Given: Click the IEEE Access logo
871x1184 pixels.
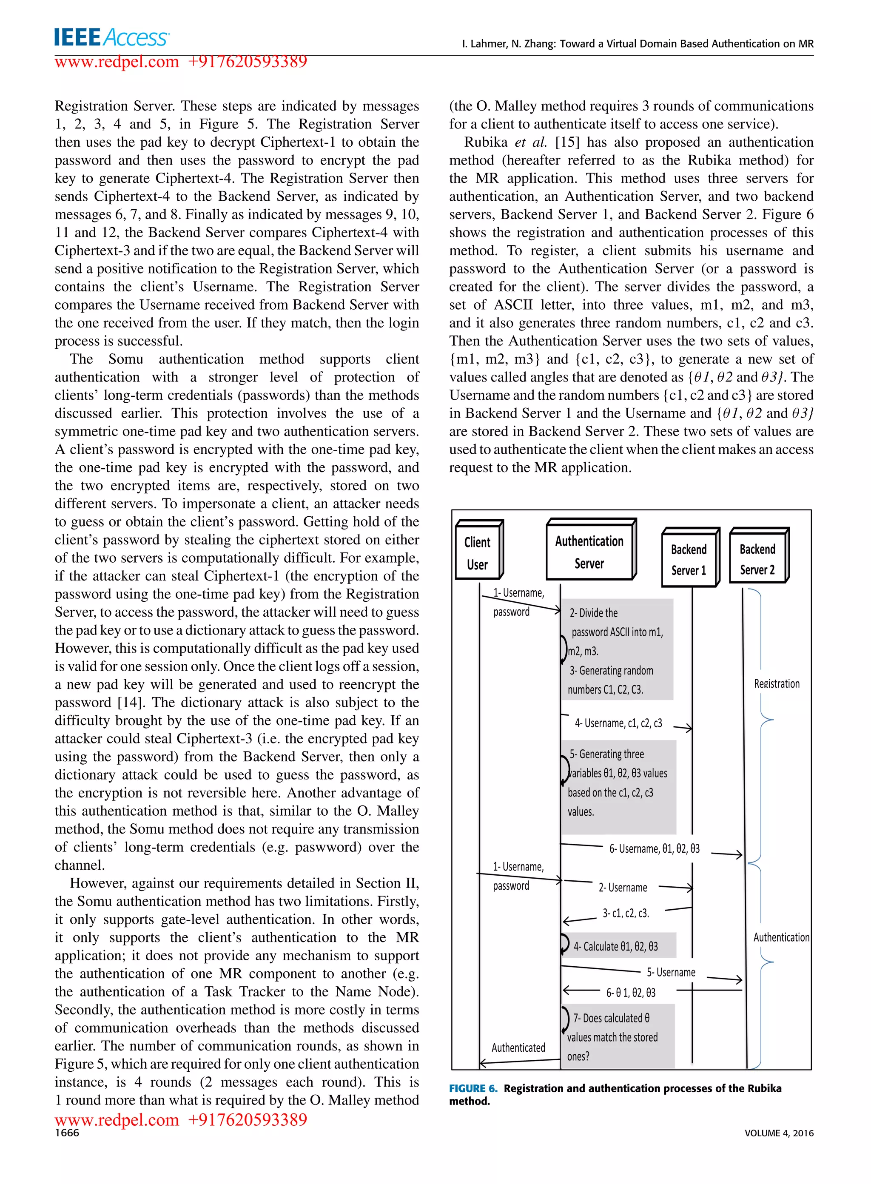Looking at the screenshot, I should pos(111,37).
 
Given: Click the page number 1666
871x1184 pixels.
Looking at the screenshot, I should pos(67,1133).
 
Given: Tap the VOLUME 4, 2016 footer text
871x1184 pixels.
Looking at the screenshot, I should pos(779,1133).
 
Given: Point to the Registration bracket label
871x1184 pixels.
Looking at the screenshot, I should pos(777,684).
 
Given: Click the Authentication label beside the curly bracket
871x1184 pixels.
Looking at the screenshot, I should pos(781,937).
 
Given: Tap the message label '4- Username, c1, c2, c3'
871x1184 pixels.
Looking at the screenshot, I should pos(618,723).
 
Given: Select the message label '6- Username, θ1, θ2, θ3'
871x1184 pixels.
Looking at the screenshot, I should pos(654,849).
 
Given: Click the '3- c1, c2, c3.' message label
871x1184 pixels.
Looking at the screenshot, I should pos(626,913).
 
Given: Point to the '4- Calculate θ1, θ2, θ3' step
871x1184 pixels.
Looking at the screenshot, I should pos(616,947).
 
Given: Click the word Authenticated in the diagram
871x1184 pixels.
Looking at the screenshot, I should pos(518,1048).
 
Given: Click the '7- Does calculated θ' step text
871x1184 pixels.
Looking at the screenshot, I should pos(612,1019).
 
